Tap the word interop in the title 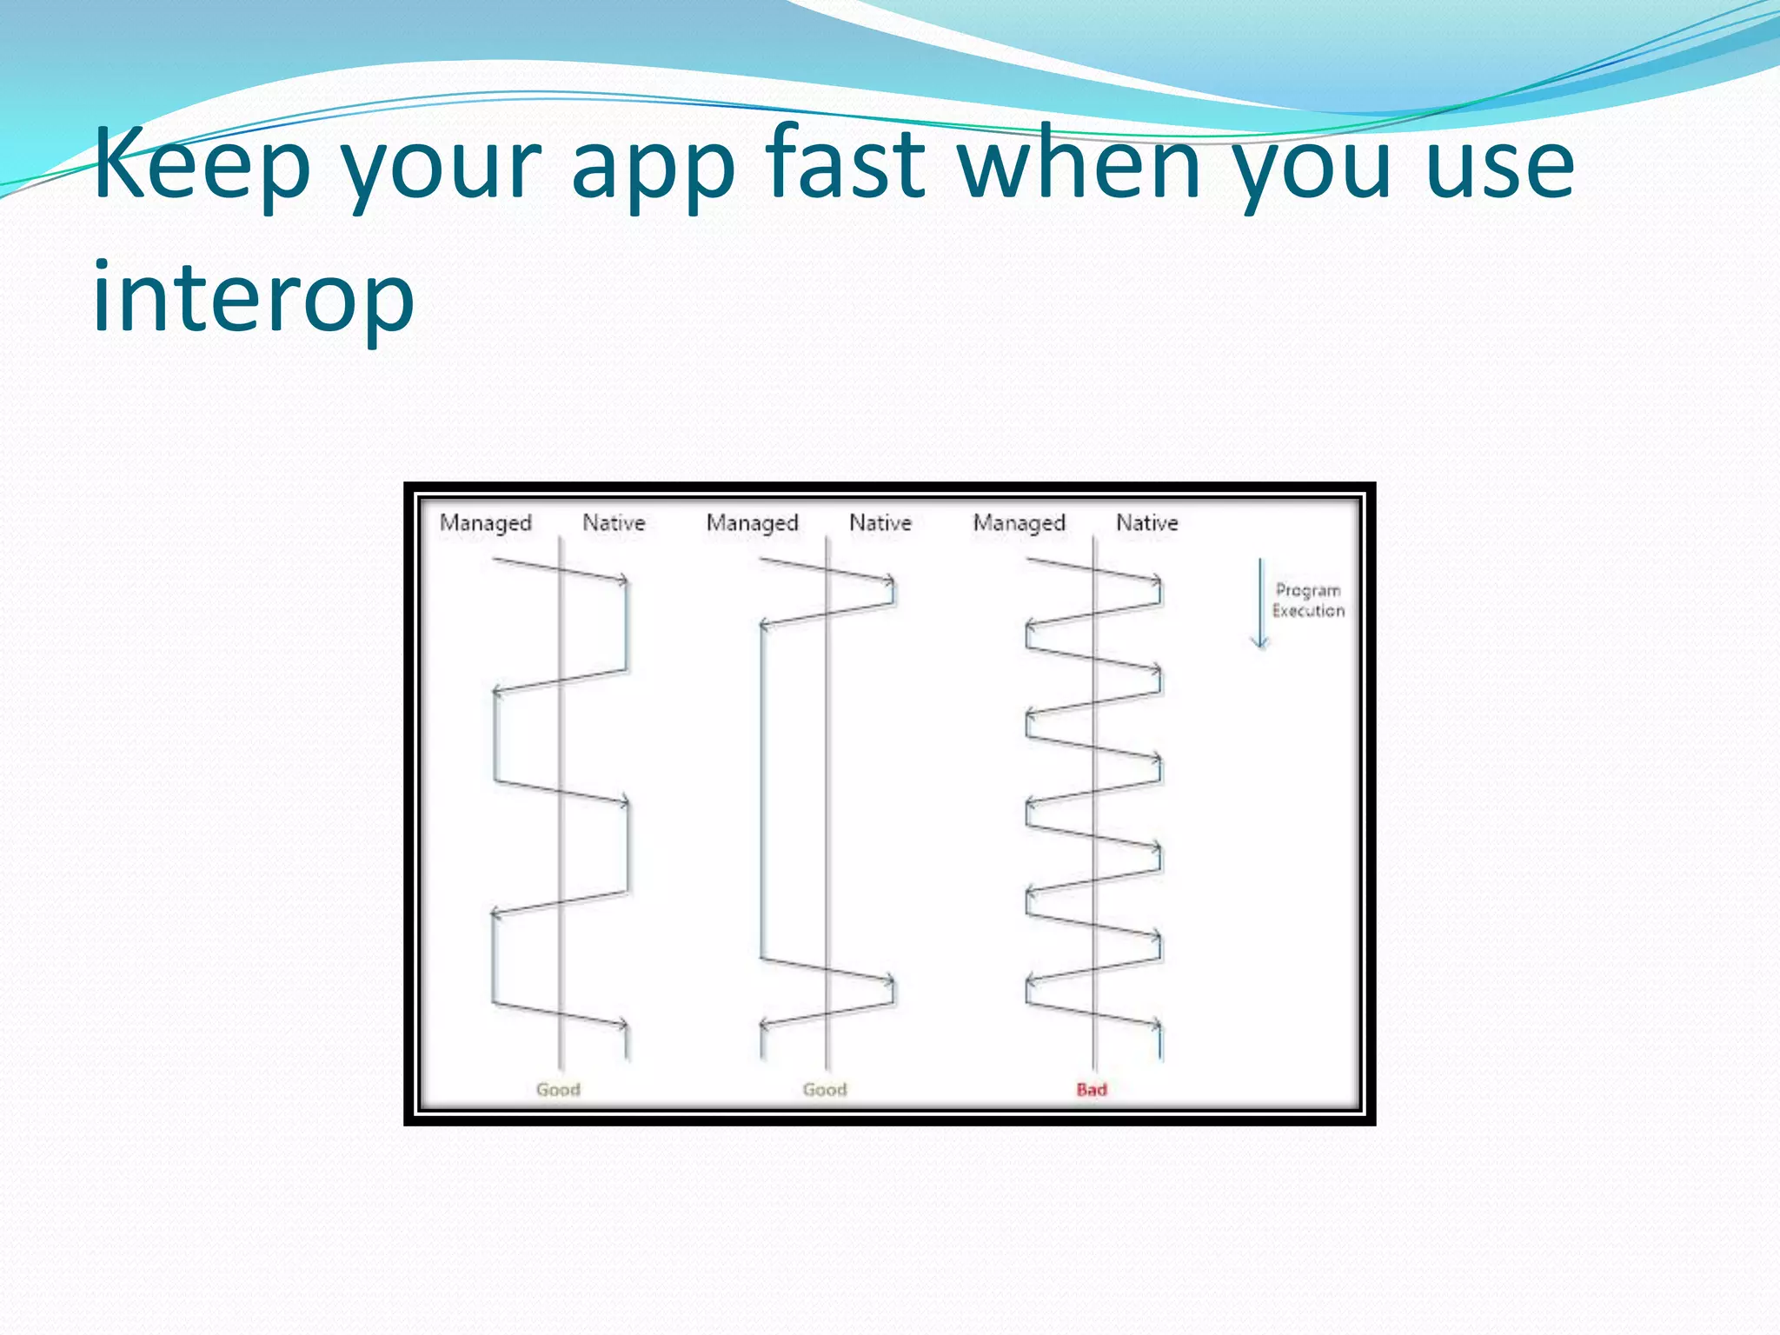pyautogui.click(x=253, y=298)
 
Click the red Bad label pyautogui.click(x=1092, y=1089)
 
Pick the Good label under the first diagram pyautogui.click(x=557, y=1089)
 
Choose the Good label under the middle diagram pyautogui.click(x=824, y=1089)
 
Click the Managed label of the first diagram pyautogui.click(x=485, y=523)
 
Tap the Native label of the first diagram pyautogui.click(x=614, y=522)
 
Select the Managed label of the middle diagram pyautogui.click(x=752, y=523)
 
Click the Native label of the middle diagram pyautogui.click(x=880, y=522)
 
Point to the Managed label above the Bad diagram pyautogui.click(x=1019, y=523)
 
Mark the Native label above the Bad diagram pyautogui.click(x=1147, y=522)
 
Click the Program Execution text pyautogui.click(x=1308, y=600)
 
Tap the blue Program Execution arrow pyautogui.click(x=1260, y=604)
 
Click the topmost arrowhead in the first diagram pyautogui.click(x=623, y=580)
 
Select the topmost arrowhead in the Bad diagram pyautogui.click(x=1157, y=580)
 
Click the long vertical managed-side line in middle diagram pyautogui.click(x=762, y=791)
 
